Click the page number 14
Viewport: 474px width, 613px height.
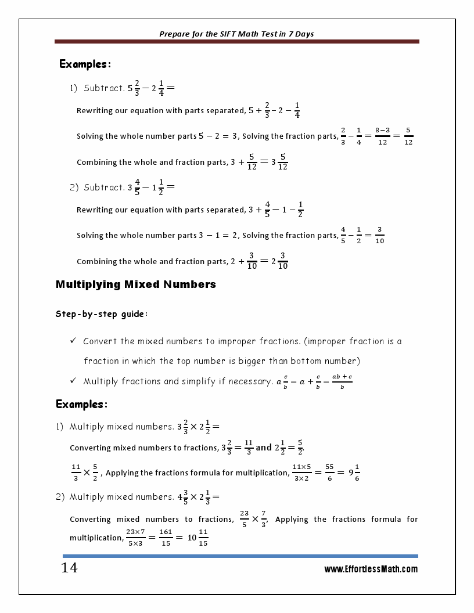[x=69, y=568]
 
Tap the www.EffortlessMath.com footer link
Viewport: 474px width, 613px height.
[x=371, y=569]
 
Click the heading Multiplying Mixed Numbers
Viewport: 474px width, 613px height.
[x=135, y=284]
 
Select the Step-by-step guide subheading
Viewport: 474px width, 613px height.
[x=102, y=314]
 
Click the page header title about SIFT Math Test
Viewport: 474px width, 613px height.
[x=236, y=34]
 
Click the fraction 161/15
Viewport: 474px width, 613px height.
[x=166, y=538]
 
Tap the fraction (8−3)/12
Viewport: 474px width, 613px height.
[x=382, y=136]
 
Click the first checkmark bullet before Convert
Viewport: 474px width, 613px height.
[x=73, y=341]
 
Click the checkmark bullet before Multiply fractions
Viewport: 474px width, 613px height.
[x=73, y=381]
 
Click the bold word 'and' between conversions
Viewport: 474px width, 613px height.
[x=264, y=448]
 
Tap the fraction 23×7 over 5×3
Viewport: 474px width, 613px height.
[x=135, y=538]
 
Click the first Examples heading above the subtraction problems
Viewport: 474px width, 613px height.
[x=85, y=64]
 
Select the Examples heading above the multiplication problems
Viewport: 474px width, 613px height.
[x=82, y=404]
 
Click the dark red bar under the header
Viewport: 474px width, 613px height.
[x=236, y=42]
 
